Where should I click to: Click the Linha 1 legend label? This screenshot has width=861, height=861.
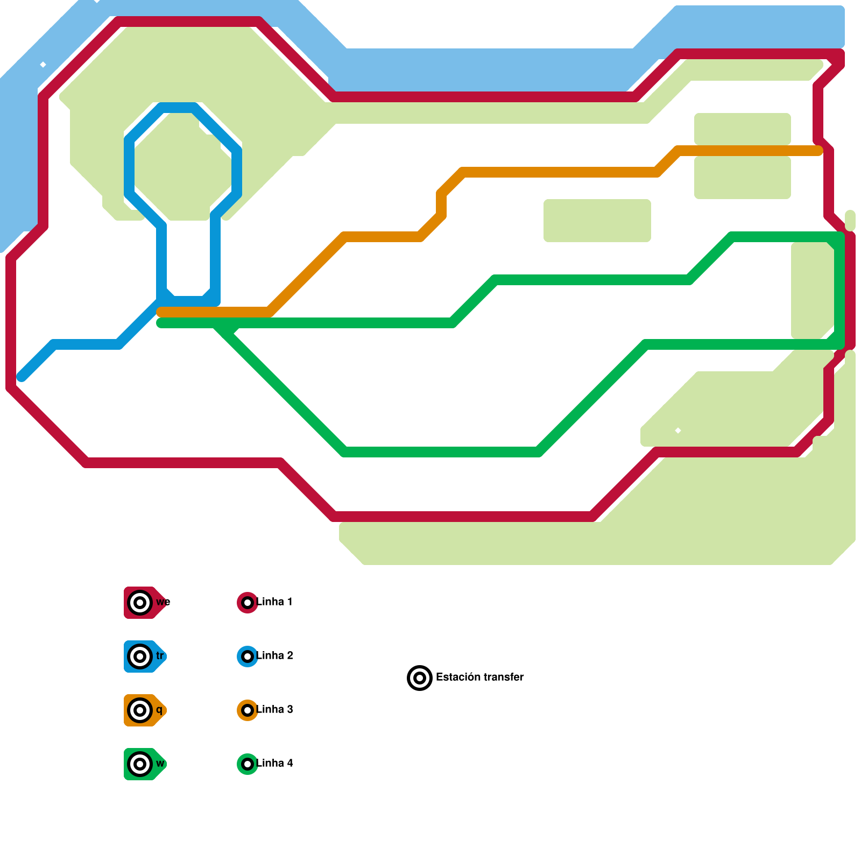[x=274, y=602]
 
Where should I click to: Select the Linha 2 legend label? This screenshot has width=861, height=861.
[x=274, y=655]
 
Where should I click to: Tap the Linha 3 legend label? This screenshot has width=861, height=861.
[x=274, y=709]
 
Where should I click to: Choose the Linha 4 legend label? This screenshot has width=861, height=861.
[x=274, y=763]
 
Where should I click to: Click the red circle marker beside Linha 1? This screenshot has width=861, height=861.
[x=248, y=603]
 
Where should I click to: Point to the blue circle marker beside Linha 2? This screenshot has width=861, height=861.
[x=248, y=657]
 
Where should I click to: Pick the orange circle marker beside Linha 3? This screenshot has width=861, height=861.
[x=248, y=710]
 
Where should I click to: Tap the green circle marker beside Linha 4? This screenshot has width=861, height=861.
[x=248, y=764]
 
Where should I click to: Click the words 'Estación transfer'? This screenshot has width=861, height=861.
[x=479, y=677]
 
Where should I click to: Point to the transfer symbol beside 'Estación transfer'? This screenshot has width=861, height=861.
[x=420, y=678]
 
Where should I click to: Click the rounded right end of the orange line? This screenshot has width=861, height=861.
[x=818, y=151]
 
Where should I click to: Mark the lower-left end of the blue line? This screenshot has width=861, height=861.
[x=22, y=377]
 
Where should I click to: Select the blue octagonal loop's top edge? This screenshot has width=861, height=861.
[x=178, y=108]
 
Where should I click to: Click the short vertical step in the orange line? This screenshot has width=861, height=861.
[x=441, y=204]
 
